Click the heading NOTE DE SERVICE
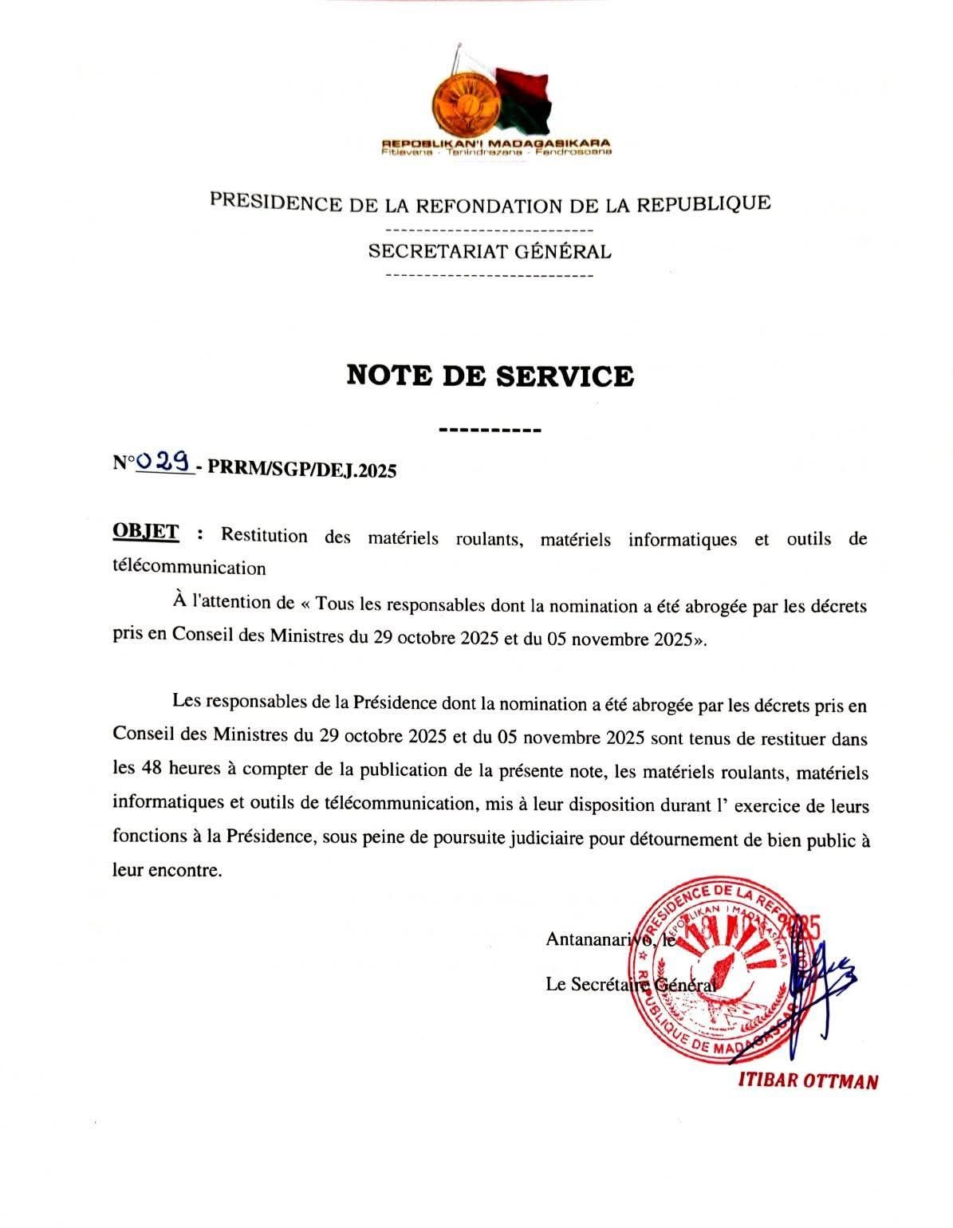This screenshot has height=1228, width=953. [x=490, y=375]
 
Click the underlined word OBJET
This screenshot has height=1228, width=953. [x=146, y=532]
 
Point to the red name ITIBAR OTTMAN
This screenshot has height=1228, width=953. [x=808, y=1081]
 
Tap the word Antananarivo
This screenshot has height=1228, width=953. [x=597, y=939]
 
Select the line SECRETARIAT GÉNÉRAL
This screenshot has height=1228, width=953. [x=490, y=252]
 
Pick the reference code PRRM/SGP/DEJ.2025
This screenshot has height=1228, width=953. [x=301, y=470]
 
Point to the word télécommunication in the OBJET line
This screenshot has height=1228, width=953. [x=189, y=568]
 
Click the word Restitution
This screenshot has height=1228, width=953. [x=264, y=535]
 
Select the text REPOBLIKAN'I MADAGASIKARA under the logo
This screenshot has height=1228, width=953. [x=496, y=144]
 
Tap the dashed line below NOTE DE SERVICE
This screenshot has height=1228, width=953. [x=490, y=431]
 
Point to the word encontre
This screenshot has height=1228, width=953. [x=185, y=870]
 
